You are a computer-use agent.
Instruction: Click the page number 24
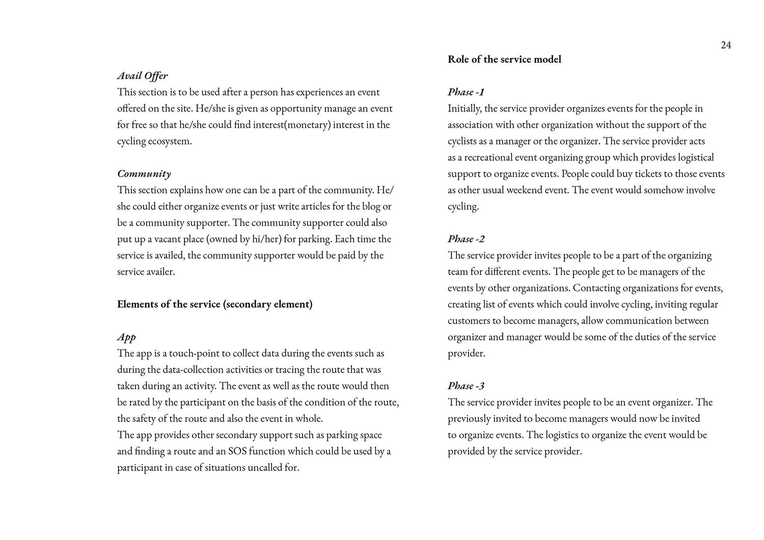[726, 45]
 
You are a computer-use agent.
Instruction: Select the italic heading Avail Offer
[142, 76]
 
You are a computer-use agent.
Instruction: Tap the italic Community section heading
[144, 174]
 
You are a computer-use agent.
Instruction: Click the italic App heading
[126, 337]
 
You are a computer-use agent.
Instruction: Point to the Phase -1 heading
[466, 92]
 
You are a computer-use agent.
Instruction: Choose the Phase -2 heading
[466, 239]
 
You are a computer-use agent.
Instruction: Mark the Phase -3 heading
[466, 386]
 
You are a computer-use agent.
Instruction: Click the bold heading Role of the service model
[504, 60]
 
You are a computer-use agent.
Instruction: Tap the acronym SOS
[238, 451]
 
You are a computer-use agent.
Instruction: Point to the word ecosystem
[170, 141]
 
